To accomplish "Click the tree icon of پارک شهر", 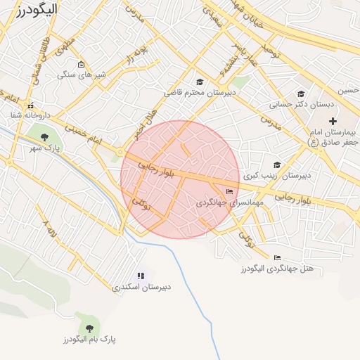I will click(x=45, y=136).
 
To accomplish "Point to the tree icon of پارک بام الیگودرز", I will click(x=89, y=328).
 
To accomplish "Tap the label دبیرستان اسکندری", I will click(x=146, y=288).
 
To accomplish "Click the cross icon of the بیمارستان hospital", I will click(x=333, y=121).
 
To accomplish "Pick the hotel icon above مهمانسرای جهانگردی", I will click(x=229, y=191).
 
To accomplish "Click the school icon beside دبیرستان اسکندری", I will click(x=141, y=276).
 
